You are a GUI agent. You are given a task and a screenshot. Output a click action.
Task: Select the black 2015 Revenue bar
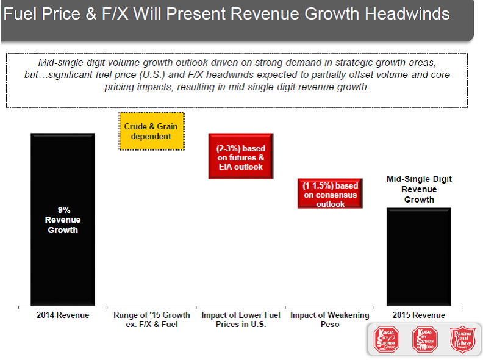point(418,262)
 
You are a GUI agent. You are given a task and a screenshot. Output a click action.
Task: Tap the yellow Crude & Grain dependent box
point(151,131)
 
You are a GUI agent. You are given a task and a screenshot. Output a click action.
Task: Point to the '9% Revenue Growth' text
point(63,220)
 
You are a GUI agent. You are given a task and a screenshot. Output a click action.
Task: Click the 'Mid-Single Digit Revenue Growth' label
point(418,189)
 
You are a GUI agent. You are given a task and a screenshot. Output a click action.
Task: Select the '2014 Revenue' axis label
point(63,315)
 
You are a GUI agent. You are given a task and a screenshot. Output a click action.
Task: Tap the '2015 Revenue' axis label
point(418,315)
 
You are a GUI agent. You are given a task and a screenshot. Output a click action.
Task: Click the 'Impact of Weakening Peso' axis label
point(329,320)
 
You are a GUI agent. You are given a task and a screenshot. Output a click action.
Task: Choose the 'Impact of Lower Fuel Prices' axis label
point(240,320)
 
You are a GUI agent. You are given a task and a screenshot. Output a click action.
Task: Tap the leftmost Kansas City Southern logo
point(387,339)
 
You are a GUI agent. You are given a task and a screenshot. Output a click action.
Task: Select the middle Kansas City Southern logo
point(426,339)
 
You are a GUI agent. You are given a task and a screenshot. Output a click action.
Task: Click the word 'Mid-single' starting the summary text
point(59,63)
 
